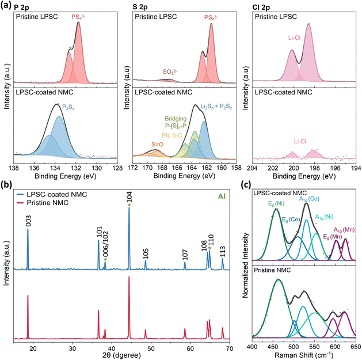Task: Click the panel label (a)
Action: click(x=6, y=5)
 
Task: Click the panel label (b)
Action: click(x=6, y=185)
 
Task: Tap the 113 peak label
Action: click(x=223, y=250)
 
